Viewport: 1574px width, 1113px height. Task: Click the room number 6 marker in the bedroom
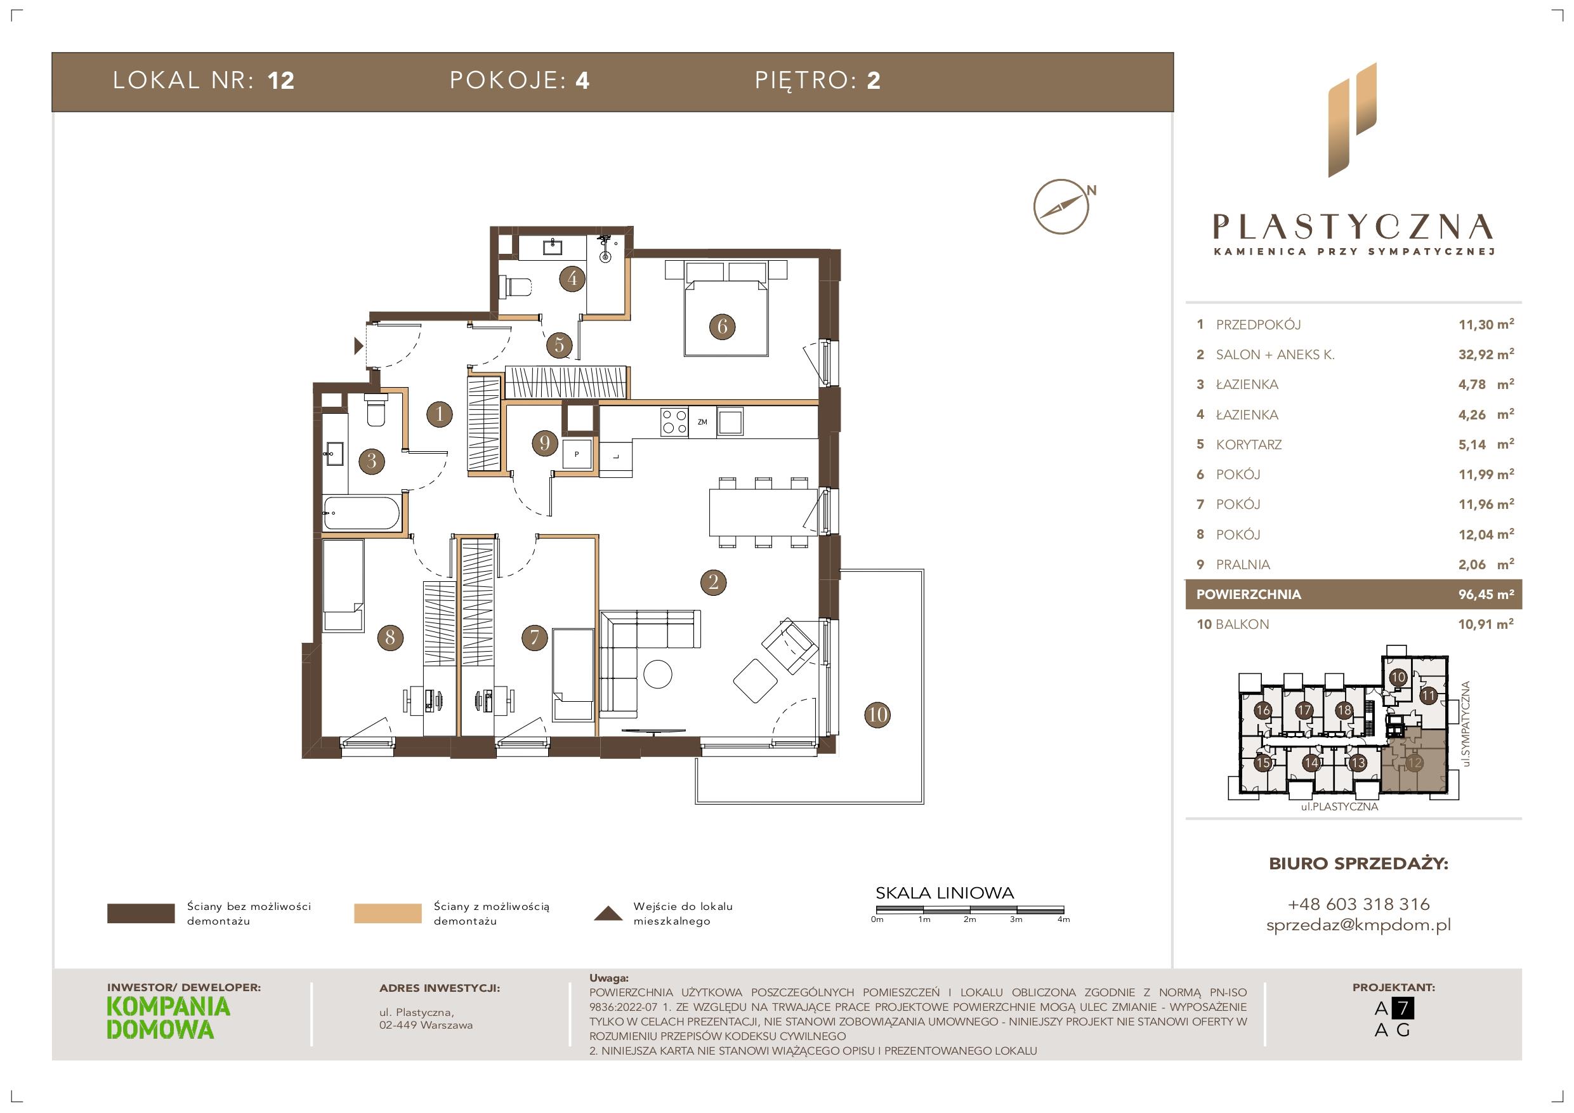(x=722, y=326)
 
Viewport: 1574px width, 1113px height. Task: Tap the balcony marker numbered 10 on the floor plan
(x=877, y=715)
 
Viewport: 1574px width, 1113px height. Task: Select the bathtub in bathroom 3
(x=361, y=513)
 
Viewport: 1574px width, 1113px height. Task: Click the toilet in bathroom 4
(x=517, y=287)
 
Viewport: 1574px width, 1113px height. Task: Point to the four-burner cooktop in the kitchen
(x=674, y=422)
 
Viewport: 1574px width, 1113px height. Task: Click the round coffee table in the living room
(x=658, y=673)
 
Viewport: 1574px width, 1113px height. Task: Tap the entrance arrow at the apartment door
(x=358, y=346)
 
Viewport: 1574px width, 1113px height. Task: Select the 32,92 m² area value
(x=1486, y=354)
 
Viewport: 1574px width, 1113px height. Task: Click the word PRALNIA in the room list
(x=1243, y=564)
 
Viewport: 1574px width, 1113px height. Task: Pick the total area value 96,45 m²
(x=1486, y=595)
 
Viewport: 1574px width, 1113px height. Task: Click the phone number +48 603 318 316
(x=1359, y=904)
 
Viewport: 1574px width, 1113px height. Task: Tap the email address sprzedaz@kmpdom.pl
(x=1359, y=925)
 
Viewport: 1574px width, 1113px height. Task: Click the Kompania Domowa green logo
(x=169, y=1018)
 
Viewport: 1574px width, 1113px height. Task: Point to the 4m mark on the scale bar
(x=1063, y=919)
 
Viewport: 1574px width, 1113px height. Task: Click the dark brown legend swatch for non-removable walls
(x=141, y=914)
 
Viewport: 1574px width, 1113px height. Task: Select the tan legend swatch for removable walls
(x=388, y=914)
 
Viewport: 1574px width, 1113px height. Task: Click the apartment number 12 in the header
(x=281, y=81)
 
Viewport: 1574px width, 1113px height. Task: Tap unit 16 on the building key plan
(x=1262, y=711)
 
